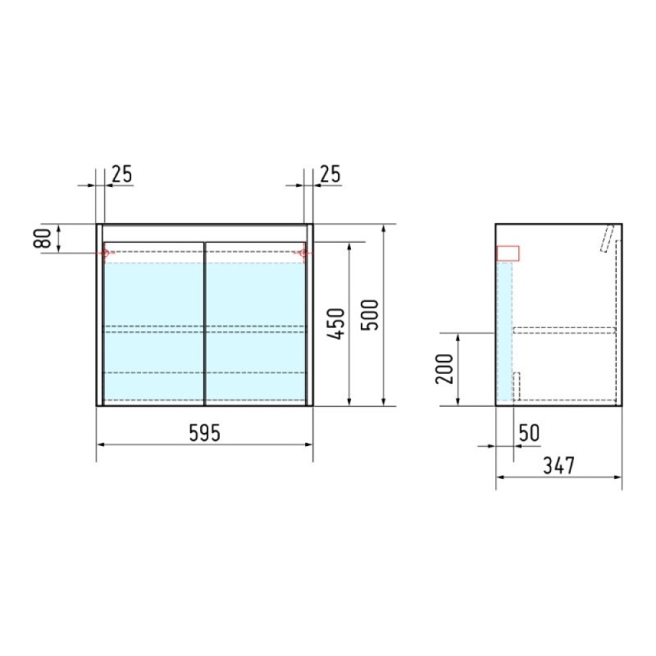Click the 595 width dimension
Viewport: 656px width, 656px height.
pos(204,433)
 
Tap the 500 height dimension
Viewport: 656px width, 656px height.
pos(370,315)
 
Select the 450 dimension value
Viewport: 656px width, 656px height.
pos(336,324)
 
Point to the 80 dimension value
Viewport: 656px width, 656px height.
pos(43,239)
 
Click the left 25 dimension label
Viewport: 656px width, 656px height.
pos(121,174)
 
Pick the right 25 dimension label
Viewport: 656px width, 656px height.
pos(330,174)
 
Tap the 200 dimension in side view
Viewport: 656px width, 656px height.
pos(444,369)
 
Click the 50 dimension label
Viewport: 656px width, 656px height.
pos(529,433)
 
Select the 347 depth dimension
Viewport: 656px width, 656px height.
pos(559,465)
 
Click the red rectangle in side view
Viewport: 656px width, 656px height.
pos(508,253)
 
